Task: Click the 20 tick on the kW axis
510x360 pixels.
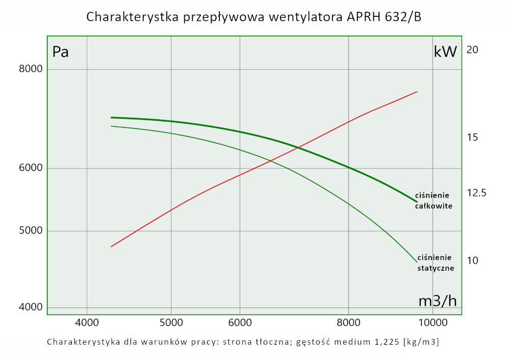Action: [472, 50]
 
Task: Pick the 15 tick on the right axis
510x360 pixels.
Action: [472, 137]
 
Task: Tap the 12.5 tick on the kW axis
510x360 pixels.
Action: [476, 193]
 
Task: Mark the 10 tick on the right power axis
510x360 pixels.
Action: [472, 261]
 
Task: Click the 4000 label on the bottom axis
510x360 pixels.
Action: [87, 322]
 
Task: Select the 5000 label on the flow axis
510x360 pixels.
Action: [171, 322]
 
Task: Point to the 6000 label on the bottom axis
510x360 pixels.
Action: [240, 322]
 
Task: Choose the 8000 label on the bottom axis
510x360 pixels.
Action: [348, 322]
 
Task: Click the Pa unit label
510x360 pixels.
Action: [61, 52]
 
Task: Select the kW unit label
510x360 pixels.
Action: [445, 52]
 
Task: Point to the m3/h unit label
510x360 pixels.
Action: [438, 301]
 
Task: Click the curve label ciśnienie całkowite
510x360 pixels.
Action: [433, 201]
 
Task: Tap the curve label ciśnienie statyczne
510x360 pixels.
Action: [436, 262]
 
